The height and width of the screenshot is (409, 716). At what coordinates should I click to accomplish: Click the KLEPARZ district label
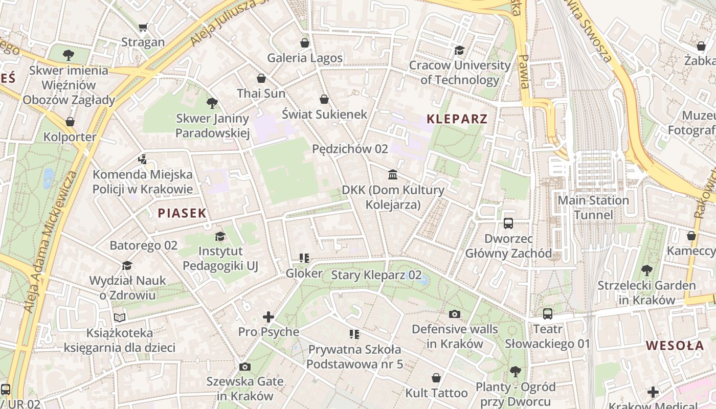[x=457, y=119]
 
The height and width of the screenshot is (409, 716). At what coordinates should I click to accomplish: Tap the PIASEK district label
[x=182, y=213]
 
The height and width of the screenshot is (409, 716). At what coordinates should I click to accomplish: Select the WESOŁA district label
[x=675, y=346]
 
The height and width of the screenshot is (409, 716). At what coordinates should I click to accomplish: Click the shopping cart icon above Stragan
[x=143, y=27]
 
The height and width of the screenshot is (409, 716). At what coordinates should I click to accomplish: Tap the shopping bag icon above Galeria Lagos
[x=305, y=43]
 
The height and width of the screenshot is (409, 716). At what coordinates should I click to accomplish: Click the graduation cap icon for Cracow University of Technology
[x=459, y=50]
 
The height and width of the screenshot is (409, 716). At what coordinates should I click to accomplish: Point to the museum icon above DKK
[x=393, y=175]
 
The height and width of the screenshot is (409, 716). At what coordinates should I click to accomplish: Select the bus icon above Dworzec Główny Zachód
[x=508, y=223]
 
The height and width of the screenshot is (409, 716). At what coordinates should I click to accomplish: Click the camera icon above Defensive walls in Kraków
[x=454, y=314]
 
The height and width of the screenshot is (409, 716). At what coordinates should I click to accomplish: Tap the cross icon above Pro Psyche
[x=268, y=317]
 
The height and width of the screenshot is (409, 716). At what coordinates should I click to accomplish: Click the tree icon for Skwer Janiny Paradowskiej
[x=212, y=104]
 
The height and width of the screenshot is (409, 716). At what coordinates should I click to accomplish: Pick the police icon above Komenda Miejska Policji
[x=142, y=160]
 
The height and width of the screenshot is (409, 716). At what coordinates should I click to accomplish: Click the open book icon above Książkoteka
[x=119, y=318]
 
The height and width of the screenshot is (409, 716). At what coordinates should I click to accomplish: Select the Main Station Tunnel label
[x=593, y=207]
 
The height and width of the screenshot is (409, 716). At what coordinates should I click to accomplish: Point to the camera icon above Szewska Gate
[x=244, y=367]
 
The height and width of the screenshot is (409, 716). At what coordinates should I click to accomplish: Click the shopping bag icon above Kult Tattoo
[x=436, y=378]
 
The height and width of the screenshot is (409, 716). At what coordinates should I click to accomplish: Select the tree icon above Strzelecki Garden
[x=646, y=270]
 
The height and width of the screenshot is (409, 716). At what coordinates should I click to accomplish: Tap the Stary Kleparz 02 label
[x=376, y=275]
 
